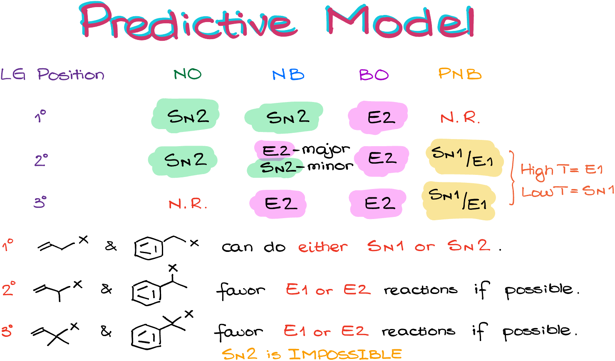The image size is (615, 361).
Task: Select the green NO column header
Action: tap(188, 74)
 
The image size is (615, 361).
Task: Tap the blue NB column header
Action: tap(288, 75)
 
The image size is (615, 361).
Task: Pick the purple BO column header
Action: tap(374, 75)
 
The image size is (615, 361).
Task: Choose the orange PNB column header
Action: tap(460, 74)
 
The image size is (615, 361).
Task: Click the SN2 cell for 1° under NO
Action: tap(188, 116)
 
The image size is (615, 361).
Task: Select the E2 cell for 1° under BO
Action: tap(381, 118)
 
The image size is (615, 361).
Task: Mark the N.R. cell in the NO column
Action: tap(188, 204)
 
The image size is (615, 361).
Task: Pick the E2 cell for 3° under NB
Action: tap(281, 204)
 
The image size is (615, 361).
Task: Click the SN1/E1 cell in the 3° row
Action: tap(458, 199)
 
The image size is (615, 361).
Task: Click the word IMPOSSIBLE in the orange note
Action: tap(345, 354)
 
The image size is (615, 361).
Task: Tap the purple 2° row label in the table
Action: tap(41, 160)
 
